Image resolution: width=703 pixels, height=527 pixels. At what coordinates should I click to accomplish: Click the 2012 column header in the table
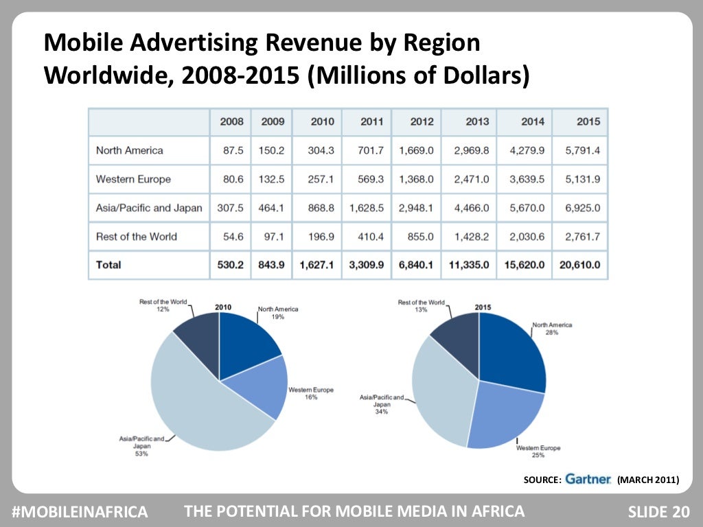click(x=422, y=121)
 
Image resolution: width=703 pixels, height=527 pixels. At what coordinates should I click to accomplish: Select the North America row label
click(x=129, y=150)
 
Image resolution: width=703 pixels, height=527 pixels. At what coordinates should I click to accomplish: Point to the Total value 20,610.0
click(x=579, y=265)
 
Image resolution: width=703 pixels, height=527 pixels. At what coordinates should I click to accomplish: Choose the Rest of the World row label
click(x=136, y=237)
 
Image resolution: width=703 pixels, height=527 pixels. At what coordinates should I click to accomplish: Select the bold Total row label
click(x=108, y=265)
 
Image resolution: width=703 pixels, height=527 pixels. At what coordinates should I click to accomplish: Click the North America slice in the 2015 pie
click(x=511, y=350)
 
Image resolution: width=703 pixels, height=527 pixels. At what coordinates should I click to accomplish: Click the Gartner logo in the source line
click(x=588, y=480)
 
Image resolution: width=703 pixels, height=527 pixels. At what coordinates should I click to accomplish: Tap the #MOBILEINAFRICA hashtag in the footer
click(x=80, y=511)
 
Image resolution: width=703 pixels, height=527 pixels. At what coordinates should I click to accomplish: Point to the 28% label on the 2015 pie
click(x=552, y=331)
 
